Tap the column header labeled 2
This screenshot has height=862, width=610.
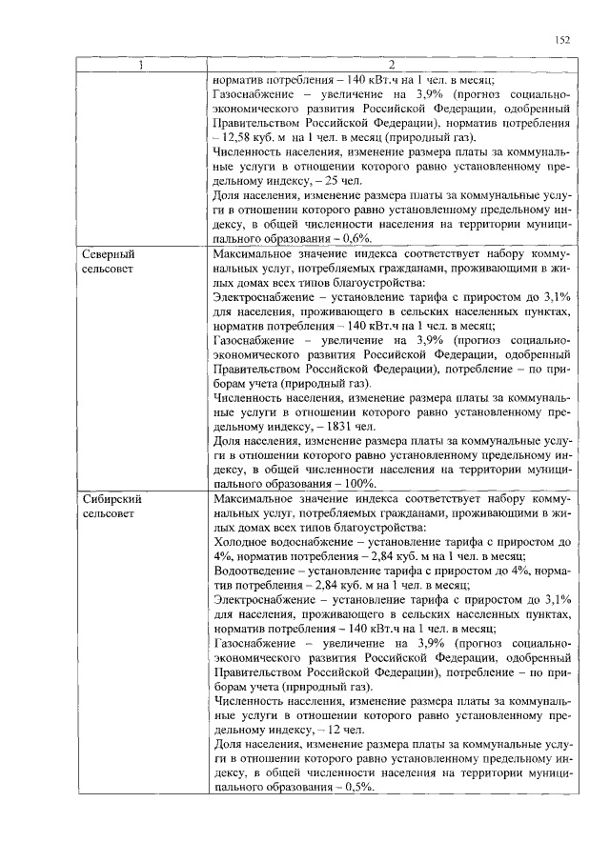392,67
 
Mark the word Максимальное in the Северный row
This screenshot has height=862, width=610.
256,255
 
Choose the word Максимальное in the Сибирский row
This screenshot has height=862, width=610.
256,499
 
